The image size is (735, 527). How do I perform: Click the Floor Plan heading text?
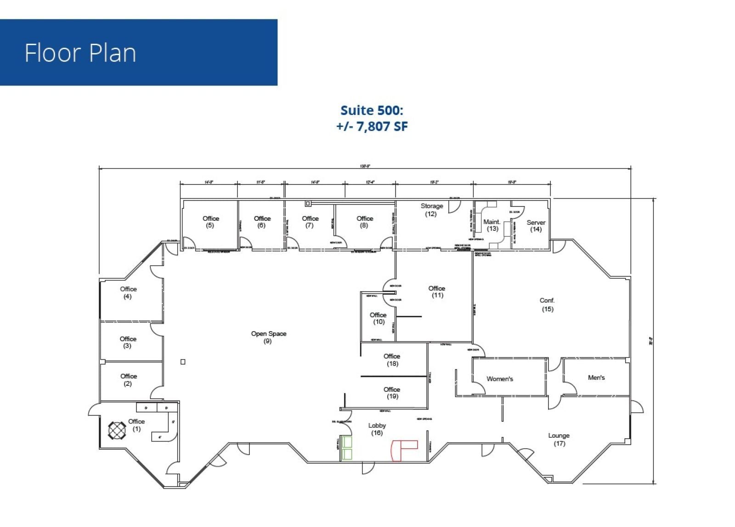coord(80,53)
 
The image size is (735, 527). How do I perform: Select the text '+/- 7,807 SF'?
coord(372,126)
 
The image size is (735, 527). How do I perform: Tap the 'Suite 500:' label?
coord(372,110)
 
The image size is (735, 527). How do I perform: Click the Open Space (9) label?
coord(269,337)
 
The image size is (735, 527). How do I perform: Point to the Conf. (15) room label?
coord(547,304)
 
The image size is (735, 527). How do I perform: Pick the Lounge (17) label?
coord(559,439)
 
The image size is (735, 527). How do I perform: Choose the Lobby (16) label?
coord(377,429)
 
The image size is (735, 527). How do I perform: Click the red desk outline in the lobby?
coord(403,450)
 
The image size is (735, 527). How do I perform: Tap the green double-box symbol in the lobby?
coord(346,448)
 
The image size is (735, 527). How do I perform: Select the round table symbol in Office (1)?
coord(117,430)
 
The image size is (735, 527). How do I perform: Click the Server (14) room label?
coord(536,225)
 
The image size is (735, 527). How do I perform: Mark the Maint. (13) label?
coord(492,225)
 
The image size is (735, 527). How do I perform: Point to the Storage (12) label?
coord(431,210)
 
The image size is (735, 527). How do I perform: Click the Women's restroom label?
coord(500,379)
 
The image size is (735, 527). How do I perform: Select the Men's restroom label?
coord(596,378)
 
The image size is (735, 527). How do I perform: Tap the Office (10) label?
coord(378,318)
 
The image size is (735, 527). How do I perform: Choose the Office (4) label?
coord(128,292)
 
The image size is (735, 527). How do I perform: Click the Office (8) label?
coord(365,222)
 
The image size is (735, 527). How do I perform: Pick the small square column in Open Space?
coord(183,362)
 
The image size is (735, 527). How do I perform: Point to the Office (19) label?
coord(392,393)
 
